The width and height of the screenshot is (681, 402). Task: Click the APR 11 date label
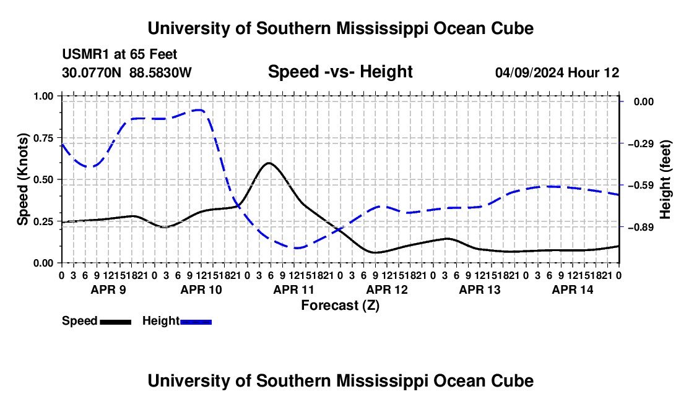[293, 289]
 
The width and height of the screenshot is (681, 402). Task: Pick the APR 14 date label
[573, 289]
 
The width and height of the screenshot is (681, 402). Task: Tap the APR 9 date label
[108, 289]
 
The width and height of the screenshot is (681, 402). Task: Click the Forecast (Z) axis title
[340, 306]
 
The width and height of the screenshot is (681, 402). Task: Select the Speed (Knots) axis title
[22, 179]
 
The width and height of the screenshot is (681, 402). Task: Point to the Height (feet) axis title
[666, 179]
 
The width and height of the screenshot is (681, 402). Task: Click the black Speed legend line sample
[116, 322]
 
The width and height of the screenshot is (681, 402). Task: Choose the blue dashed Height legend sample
[196, 322]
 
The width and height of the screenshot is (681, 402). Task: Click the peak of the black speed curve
[269, 163]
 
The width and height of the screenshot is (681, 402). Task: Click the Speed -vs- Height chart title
[340, 72]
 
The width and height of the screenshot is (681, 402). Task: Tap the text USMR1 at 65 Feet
[119, 54]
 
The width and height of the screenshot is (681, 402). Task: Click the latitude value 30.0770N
[92, 72]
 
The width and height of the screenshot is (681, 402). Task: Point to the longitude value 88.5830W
[160, 72]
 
